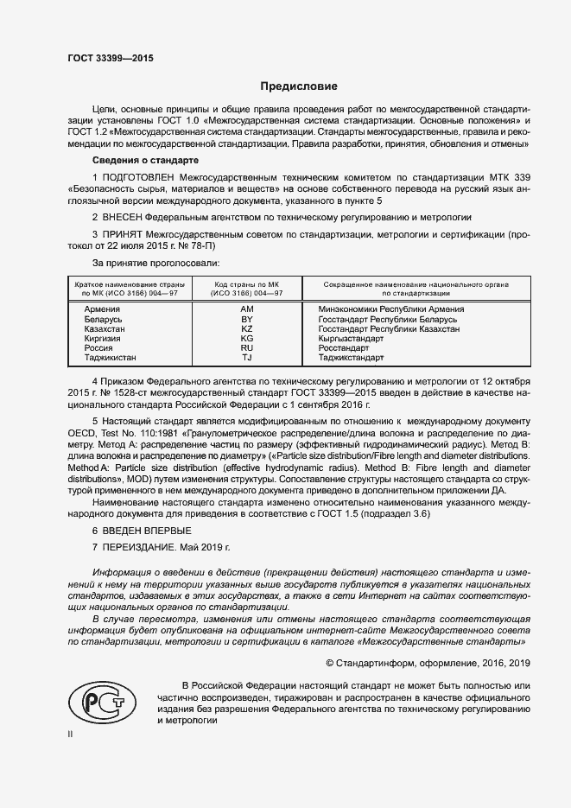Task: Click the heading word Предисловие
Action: point(300,86)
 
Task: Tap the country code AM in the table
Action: point(246,309)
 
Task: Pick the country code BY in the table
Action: point(246,320)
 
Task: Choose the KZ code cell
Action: point(246,329)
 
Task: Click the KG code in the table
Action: point(246,339)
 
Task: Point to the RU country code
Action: point(246,348)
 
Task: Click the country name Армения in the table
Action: point(102,309)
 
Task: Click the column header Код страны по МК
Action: point(246,284)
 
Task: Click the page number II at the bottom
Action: point(71,734)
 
